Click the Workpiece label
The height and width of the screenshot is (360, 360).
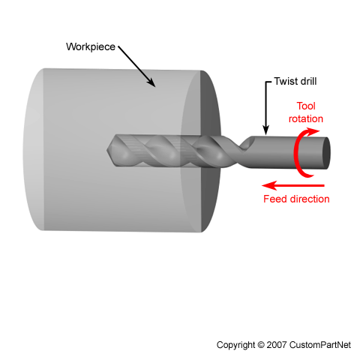pos(91,47)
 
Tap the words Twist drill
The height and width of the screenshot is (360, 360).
pos(295,81)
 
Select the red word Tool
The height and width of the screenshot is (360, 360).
pos(306,106)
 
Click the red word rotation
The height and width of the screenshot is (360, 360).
pos(306,118)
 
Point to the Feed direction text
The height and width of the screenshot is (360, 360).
pos(296,199)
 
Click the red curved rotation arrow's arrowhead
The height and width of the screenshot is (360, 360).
pos(313,131)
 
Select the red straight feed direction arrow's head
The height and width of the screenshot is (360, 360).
pos(268,185)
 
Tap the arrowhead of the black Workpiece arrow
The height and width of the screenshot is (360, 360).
pos(151,82)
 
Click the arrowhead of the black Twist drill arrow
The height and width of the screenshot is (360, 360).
pos(266,130)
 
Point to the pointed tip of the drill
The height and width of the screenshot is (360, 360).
pos(107,150)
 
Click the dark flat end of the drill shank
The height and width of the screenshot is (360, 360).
pos(325,153)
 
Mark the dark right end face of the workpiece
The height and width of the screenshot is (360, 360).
pos(210,151)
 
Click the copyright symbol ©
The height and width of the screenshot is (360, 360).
pos(261,345)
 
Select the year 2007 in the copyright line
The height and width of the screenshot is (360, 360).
pos(277,345)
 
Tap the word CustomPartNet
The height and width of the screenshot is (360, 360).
pos(320,345)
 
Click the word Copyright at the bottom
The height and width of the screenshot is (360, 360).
pos(235,345)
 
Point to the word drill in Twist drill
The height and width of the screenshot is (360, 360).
pos(308,81)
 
